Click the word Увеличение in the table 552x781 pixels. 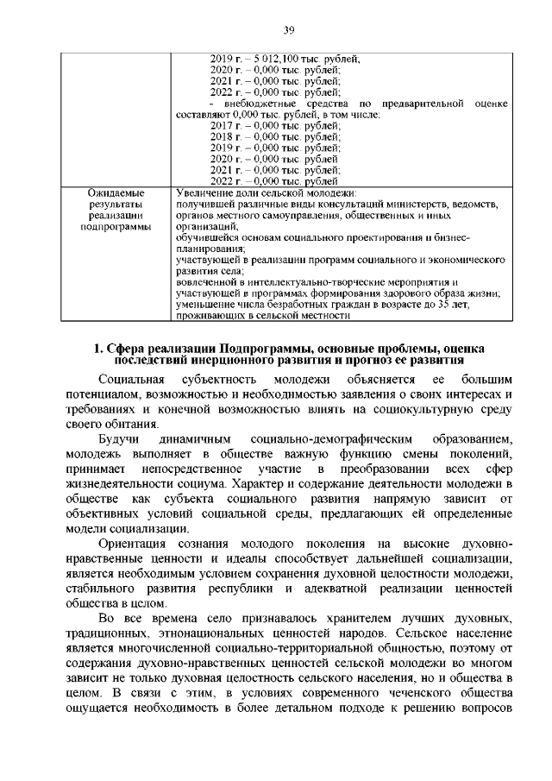click(x=201, y=192)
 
